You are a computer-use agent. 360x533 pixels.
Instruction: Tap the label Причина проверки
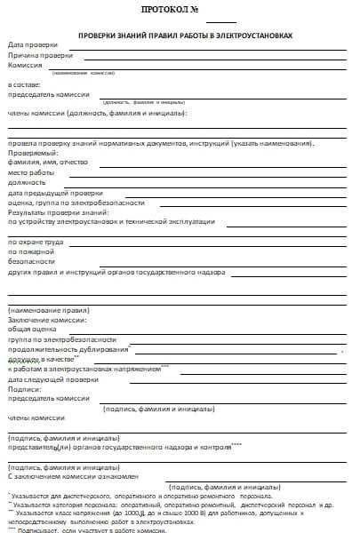pyautogui.click(x=41, y=55)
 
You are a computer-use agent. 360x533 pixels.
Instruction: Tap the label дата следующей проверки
pyautogui.click(x=53, y=379)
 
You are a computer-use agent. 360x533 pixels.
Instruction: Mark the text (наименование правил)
pyautogui.click(x=44, y=309)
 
